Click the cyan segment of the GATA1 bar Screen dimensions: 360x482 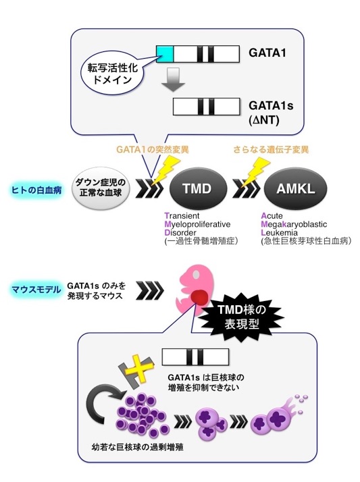pos(165,54)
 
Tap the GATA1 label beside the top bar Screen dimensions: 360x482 pos(267,53)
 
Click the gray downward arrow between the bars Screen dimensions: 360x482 pos(174,79)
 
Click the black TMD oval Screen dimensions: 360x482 pos(198,189)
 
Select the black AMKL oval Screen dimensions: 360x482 pos(295,189)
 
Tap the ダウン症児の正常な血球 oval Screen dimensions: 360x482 pos(101,188)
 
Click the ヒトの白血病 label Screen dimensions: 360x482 pos(36,190)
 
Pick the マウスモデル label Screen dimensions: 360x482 pos(36,290)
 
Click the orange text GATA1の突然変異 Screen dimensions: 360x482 pos(153,150)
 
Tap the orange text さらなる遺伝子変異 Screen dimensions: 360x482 pos(271,150)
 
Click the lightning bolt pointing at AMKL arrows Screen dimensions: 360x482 pos(254,172)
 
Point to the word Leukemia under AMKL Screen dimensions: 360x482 pos(279,233)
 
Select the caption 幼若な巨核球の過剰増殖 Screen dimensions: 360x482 pos(137,447)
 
